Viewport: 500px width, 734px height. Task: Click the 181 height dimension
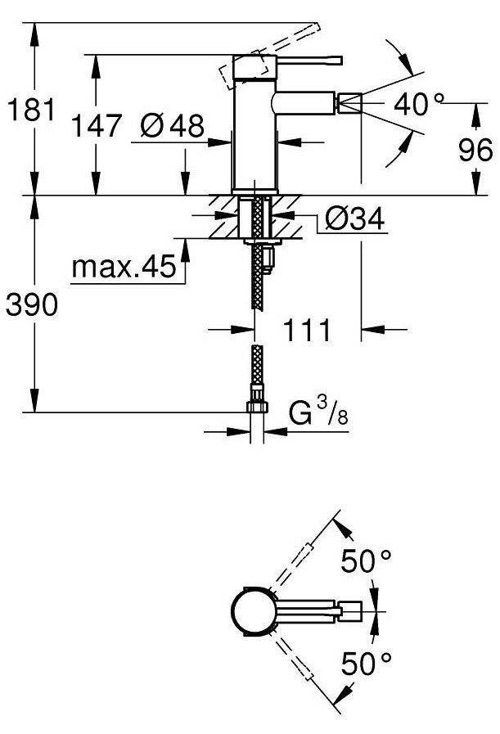pos(31,111)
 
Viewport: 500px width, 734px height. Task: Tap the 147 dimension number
pos(97,126)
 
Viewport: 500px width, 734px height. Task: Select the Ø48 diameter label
pos(173,125)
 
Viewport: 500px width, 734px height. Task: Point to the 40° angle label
pos(418,104)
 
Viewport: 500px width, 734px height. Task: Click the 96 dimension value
pos(475,150)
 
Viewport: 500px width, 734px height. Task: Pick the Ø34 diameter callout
pos(355,218)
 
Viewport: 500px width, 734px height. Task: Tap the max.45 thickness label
pos(124,268)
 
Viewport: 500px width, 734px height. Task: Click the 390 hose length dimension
pos(32,304)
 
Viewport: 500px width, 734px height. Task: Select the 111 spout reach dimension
pos(307,330)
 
